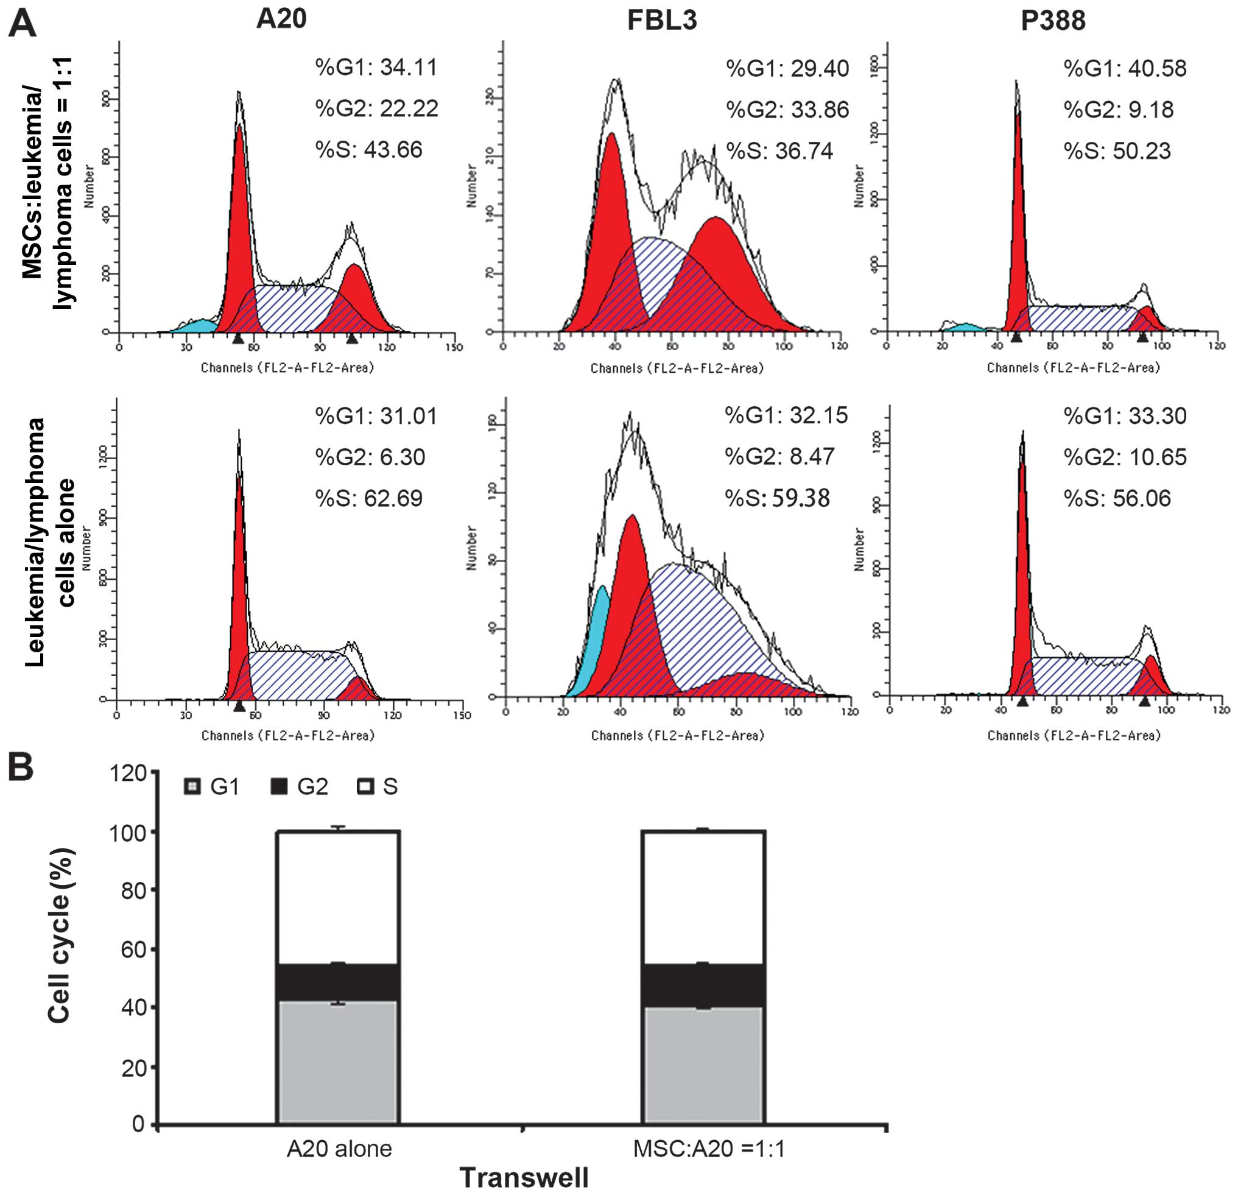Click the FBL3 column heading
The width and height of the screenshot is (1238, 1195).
tap(662, 21)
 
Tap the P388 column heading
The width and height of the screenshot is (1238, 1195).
tap(1053, 21)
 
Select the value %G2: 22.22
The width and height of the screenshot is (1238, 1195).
tap(376, 108)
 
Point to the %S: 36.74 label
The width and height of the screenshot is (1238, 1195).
tap(779, 151)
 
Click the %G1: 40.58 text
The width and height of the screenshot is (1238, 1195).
tap(1125, 68)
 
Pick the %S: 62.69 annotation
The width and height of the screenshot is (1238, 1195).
tap(370, 498)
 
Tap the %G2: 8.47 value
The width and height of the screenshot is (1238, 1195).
tap(779, 457)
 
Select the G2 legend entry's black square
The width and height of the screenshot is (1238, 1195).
tap(278, 787)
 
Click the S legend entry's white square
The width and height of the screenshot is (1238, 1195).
tap(365, 787)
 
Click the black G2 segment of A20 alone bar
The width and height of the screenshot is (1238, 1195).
tap(338, 983)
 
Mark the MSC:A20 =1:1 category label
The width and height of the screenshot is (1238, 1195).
tap(709, 1149)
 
